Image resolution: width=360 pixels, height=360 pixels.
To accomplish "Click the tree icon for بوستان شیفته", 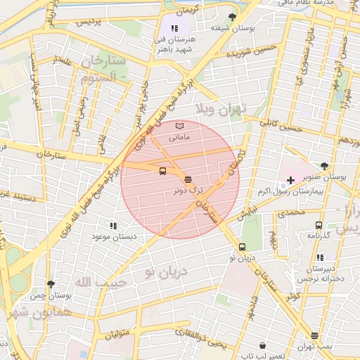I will [x=233, y=17].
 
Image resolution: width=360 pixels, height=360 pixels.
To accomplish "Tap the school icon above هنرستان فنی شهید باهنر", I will [x=174, y=28].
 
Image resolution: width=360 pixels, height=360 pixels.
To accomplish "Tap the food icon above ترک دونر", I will [x=188, y=179].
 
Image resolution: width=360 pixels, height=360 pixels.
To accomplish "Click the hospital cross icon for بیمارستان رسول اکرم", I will [x=291, y=181].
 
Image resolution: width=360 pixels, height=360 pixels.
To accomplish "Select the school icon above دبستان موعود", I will [x=113, y=226].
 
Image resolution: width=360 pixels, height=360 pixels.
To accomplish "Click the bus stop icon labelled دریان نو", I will [x=242, y=247].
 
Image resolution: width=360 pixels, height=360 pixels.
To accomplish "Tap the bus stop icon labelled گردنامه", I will [x=319, y=226].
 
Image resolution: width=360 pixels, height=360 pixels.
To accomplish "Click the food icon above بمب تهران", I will [x=314, y=335].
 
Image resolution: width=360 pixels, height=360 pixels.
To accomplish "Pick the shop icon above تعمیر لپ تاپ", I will [x=263, y=346].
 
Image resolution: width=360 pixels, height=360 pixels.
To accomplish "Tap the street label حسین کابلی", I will [x=279, y=124].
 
